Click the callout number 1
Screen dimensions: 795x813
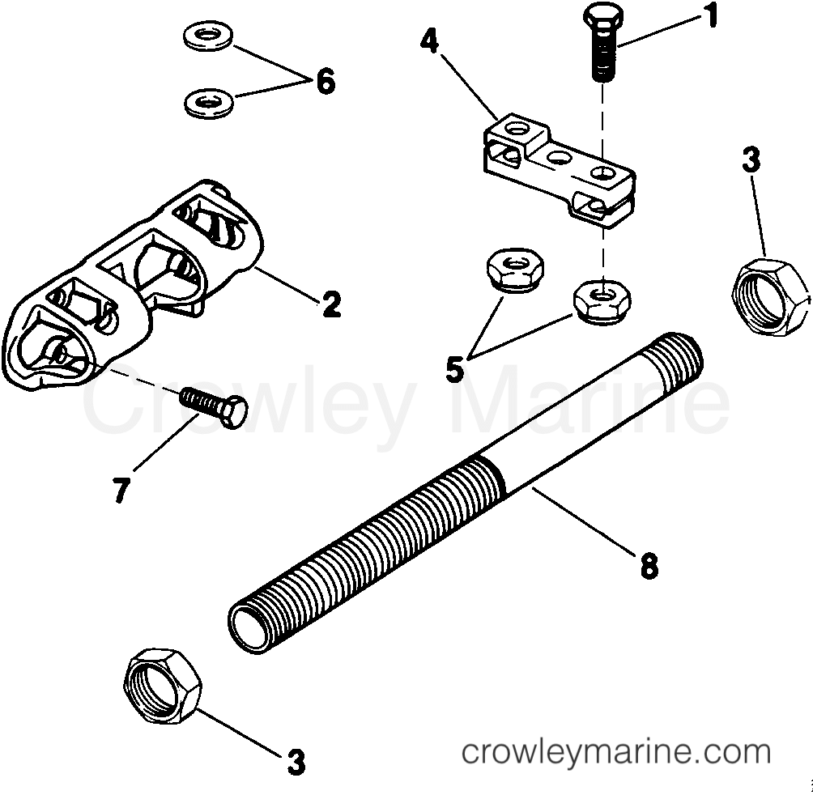click(711, 17)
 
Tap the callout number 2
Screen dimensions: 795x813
click(330, 304)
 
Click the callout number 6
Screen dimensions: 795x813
click(325, 81)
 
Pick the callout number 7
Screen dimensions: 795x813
click(121, 491)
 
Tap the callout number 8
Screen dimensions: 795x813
click(648, 565)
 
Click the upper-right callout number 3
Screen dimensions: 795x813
click(751, 160)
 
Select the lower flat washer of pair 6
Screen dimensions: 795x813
click(207, 102)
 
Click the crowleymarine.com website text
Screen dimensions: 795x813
click(615, 752)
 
